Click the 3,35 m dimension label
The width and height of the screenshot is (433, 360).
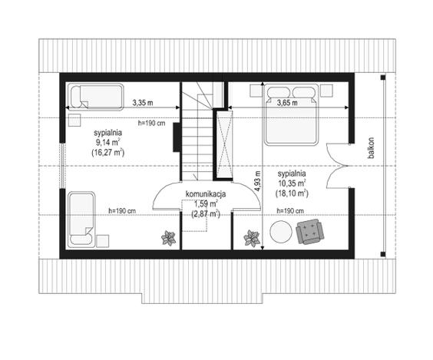coord(143,103)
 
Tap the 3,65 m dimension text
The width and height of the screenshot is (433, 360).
coord(287,103)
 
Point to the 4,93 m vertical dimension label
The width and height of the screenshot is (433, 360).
coord(257,181)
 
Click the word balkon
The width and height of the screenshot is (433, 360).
coord(371,148)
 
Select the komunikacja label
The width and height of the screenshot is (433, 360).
coord(206,194)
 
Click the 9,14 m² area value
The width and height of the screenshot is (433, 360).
coord(107,143)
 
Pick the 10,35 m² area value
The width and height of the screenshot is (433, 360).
coord(292,183)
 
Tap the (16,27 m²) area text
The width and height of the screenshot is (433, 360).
coord(107,153)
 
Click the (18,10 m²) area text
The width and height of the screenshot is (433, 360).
coord(292,193)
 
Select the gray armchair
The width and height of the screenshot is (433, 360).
coord(310,232)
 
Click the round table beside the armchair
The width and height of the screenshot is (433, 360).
coord(281,232)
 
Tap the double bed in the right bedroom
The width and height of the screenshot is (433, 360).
coord(291,115)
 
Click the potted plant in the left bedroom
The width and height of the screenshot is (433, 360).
coord(168,238)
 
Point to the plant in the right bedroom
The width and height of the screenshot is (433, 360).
coord(252,238)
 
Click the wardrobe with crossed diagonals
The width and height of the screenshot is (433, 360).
coord(224,145)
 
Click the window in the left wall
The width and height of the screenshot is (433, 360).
coord(63,166)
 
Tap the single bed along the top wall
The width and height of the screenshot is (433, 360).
coord(95,97)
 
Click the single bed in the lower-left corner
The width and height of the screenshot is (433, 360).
coord(81,220)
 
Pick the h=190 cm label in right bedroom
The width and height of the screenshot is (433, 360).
coord(290,211)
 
